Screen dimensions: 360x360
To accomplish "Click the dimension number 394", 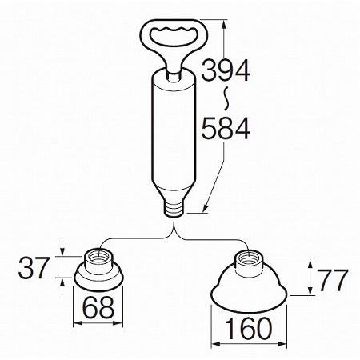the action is click(x=226, y=70).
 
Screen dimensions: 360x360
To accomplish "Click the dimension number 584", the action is click(x=226, y=128).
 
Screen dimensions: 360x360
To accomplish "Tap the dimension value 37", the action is click(x=34, y=267).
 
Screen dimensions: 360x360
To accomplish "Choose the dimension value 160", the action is click(x=249, y=328).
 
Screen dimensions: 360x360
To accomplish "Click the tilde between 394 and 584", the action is click(x=226, y=98).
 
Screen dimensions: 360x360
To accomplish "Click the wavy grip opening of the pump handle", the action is click(x=174, y=36).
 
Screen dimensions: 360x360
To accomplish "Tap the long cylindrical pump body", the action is click(x=174, y=128).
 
